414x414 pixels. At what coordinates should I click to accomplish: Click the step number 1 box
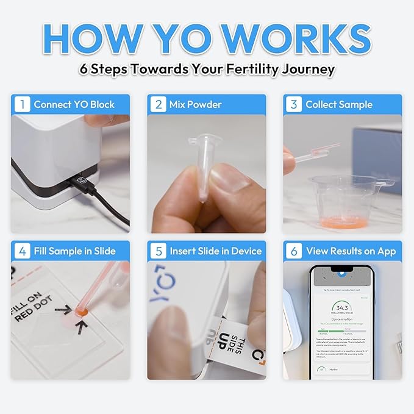tap(21, 104)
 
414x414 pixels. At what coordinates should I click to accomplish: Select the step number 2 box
tap(158, 104)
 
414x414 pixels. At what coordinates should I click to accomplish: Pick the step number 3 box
tap(293, 104)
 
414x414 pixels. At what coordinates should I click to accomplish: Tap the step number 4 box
tap(21, 251)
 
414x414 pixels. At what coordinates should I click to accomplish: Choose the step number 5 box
tap(158, 251)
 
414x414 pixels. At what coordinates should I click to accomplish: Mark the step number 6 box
tap(293, 251)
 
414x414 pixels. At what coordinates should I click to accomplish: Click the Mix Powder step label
tap(196, 104)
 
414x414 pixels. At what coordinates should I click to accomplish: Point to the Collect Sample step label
tap(338, 104)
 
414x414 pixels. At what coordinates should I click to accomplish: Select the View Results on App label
tap(351, 251)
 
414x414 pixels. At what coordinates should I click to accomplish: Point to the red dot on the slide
tap(79, 312)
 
